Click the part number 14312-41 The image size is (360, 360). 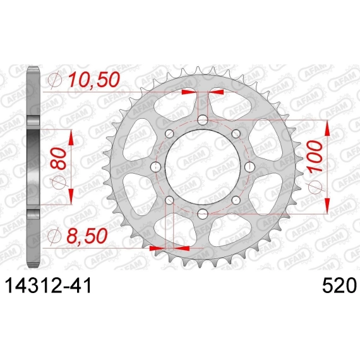(x=49, y=285)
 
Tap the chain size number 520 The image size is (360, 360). (x=339, y=285)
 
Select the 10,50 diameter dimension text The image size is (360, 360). (x=94, y=80)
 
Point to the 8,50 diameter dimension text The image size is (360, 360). (x=87, y=236)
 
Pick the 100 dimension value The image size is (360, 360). (x=315, y=157)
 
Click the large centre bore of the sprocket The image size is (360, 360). (x=203, y=167)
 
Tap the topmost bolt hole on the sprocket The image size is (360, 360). (x=203, y=120)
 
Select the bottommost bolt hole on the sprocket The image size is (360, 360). (x=203, y=214)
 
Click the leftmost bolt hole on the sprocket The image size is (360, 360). (x=155, y=167)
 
